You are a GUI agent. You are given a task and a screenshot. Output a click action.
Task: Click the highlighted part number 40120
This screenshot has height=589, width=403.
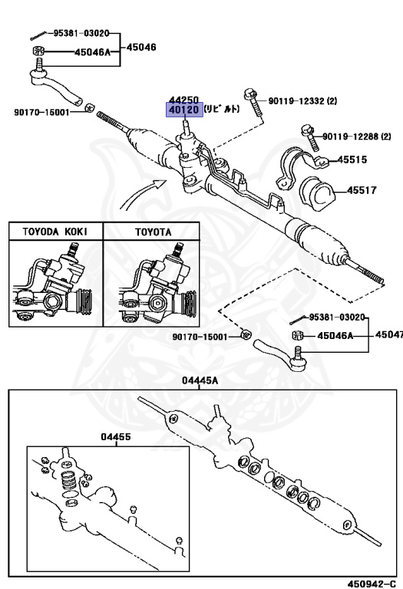point(184,110)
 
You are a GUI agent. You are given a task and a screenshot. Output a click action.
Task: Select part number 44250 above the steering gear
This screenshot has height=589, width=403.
point(183,100)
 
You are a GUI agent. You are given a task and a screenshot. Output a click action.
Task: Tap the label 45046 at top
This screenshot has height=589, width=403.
point(141,48)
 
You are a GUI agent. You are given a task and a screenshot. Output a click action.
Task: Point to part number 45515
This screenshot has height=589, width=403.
point(352,160)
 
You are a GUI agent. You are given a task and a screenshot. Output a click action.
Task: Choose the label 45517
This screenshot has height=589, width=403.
point(362,190)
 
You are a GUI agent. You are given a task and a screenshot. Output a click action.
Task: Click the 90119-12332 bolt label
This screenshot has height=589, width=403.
point(302,100)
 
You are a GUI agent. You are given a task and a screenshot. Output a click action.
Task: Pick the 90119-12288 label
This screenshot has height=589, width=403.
point(357,137)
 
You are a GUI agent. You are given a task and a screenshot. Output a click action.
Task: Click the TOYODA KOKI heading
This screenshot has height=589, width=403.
point(55,232)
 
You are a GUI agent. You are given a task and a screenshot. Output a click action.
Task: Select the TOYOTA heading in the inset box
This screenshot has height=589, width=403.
point(154,232)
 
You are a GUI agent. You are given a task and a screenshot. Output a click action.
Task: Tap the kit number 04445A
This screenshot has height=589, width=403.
point(200,380)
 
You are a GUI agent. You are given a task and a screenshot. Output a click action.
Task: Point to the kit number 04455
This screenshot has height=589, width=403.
point(116,436)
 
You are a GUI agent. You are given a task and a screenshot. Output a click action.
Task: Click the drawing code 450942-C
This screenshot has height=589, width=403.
point(372,584)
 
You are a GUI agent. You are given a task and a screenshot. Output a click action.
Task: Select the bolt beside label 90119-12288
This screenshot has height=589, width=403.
point(311,138)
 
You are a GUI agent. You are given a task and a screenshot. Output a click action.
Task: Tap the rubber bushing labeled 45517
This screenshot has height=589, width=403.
point(317,193)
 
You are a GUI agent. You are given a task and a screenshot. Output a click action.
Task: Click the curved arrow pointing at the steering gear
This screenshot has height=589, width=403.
point(140,192)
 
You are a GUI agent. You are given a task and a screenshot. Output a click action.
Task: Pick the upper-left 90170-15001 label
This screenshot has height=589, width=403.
point(41,112)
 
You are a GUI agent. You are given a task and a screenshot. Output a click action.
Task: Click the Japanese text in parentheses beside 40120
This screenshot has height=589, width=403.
point(222,109)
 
